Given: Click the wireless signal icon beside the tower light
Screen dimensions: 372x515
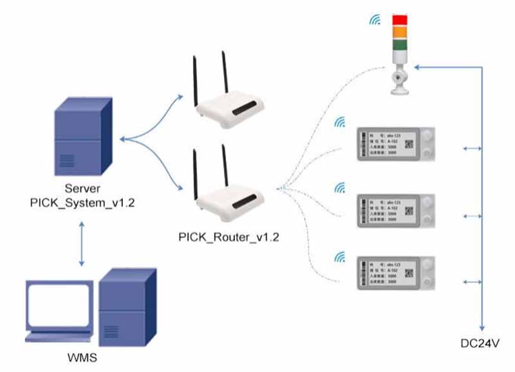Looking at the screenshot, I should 374,20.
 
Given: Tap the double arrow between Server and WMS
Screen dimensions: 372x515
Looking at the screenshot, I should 81,245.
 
